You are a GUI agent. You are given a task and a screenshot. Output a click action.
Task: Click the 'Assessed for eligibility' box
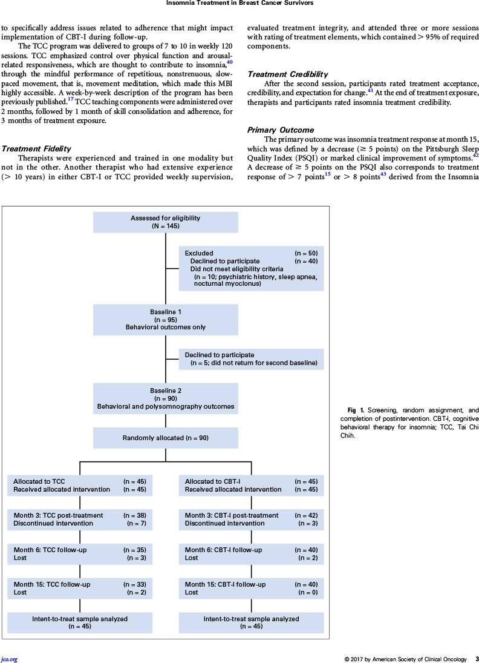[166, 222]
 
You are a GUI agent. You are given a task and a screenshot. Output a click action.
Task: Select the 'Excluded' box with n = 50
[252, 268]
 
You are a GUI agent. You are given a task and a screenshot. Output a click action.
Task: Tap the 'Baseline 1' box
[166, 320]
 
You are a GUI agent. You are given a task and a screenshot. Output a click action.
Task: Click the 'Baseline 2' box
[166, 399]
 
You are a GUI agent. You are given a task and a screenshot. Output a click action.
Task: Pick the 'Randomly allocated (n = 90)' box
[166, 438]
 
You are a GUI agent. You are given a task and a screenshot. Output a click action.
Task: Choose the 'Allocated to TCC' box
[80, 486]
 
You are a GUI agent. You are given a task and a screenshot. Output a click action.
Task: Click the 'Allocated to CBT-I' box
[252, 486]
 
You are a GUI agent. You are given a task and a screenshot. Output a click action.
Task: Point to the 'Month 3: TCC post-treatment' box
[80, 520]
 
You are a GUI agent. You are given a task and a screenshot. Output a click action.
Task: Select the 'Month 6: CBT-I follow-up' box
[252, 554]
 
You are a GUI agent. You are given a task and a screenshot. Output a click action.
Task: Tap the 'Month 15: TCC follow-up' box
[80, 589]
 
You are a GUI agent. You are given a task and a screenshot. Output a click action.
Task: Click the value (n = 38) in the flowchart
[135, 515]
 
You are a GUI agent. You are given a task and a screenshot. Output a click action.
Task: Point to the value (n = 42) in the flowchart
[306, 515]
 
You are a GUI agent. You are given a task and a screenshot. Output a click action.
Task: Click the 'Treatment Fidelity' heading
[36, 149]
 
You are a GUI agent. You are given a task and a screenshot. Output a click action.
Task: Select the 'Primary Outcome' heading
[281, 130]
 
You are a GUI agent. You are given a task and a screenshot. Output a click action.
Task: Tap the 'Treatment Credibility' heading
[288, 74]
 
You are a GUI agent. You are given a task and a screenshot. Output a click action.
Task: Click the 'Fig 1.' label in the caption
[356, 410]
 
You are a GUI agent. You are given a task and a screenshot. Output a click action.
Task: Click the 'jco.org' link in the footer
[9, 659]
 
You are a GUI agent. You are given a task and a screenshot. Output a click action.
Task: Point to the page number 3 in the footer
[477, 659]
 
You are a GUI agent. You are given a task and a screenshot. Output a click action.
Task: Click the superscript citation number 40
[229, 62]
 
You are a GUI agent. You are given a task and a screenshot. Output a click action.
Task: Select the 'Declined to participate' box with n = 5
[252, 359]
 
